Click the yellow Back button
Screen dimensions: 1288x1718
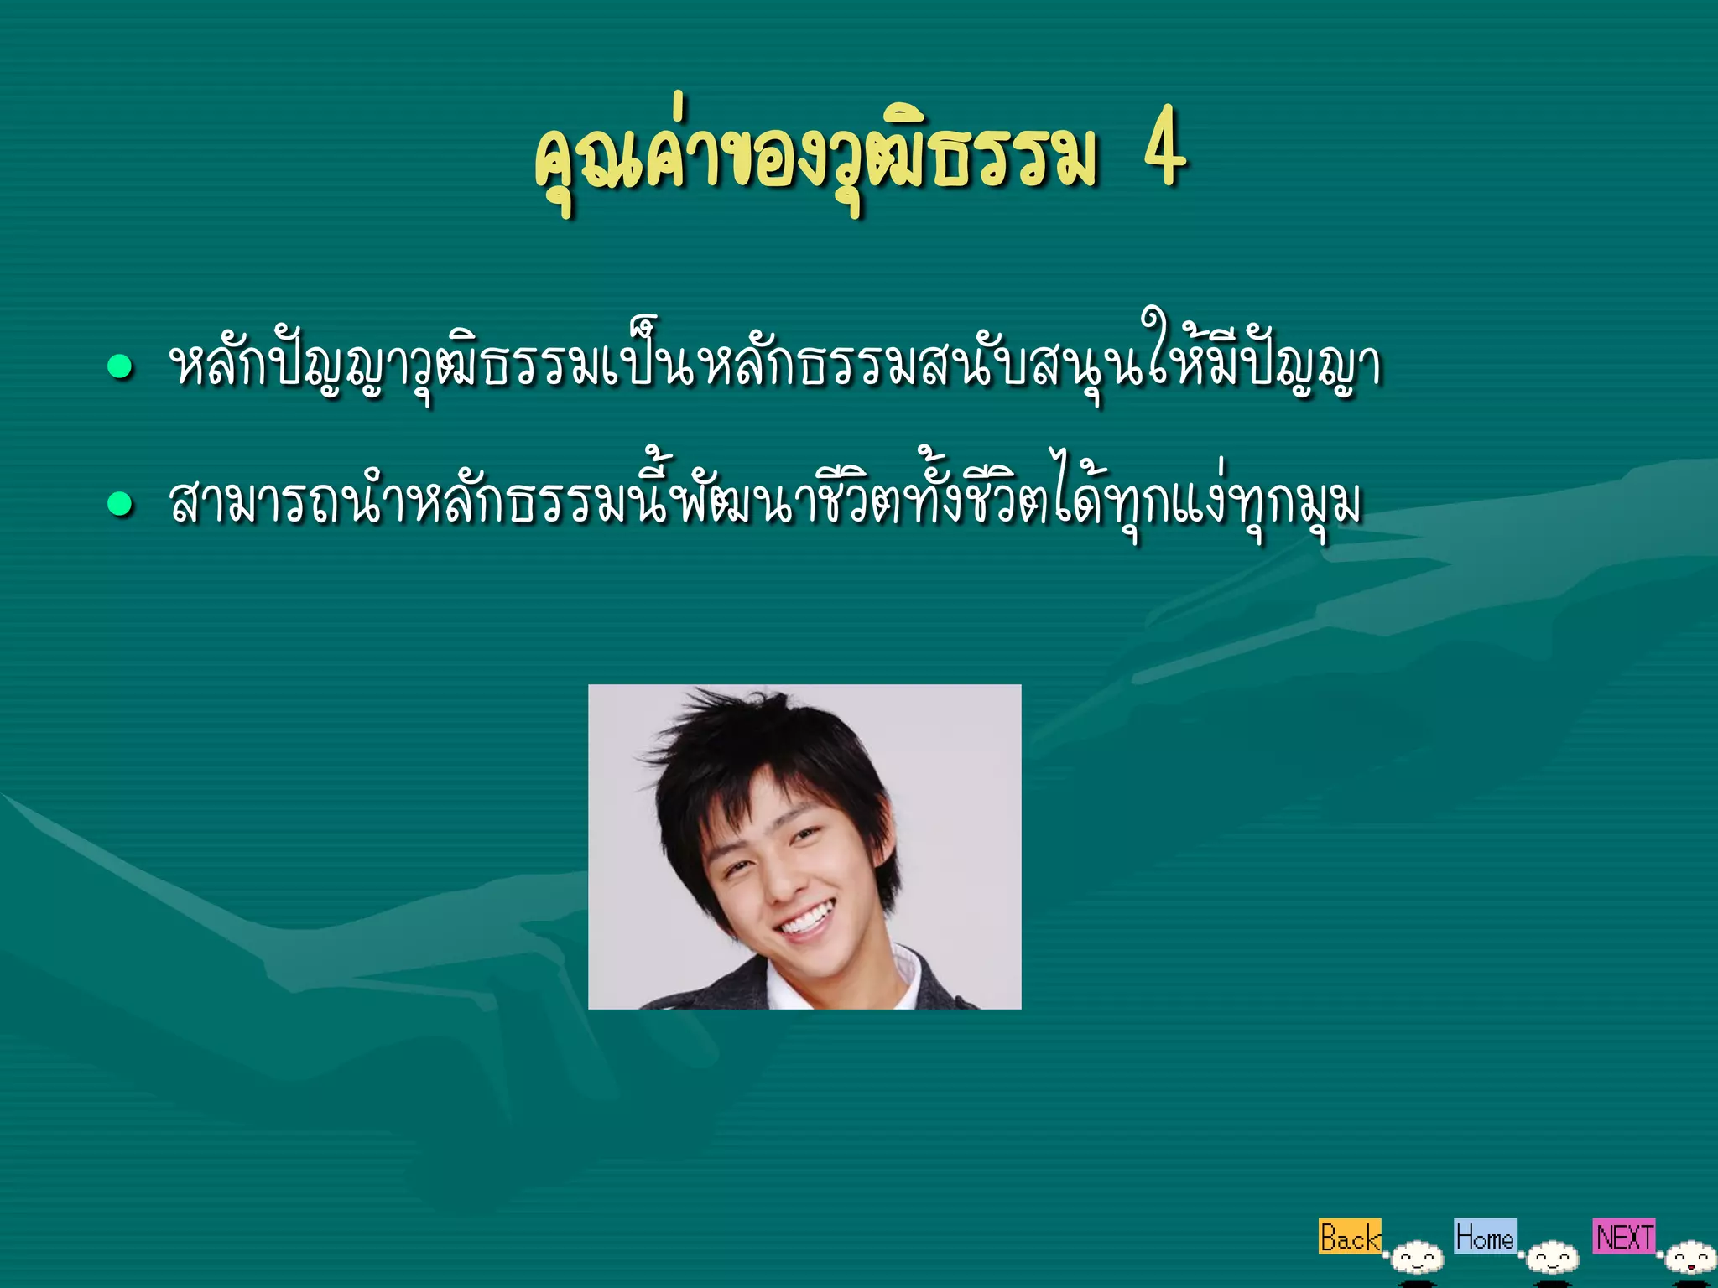click(1349, 1237)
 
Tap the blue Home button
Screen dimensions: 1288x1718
click(1484, 1236)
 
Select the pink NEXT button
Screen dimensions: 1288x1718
click(1624, 1236)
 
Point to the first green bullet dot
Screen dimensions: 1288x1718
click(121, 367)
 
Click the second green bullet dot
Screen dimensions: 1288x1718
click(121, 503)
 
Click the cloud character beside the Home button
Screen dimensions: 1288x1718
click(1553, 1259)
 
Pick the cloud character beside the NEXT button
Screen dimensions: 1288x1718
click(1689, 1259)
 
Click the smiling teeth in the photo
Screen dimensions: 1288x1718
click(806, 919)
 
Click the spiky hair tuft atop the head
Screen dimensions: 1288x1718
click(738, 721)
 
